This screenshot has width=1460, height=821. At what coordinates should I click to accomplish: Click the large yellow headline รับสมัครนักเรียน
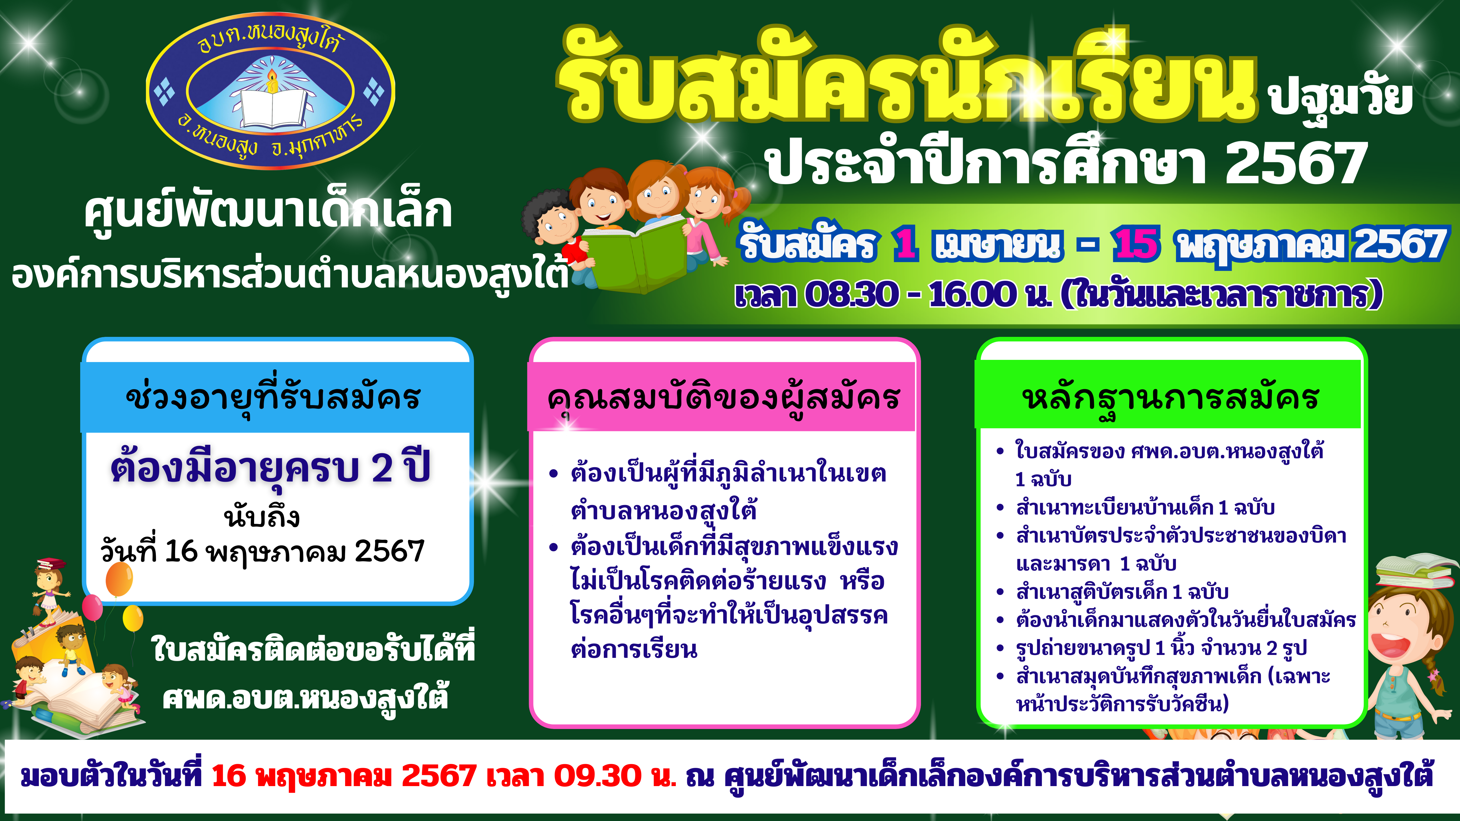click(x=907, y=76)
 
